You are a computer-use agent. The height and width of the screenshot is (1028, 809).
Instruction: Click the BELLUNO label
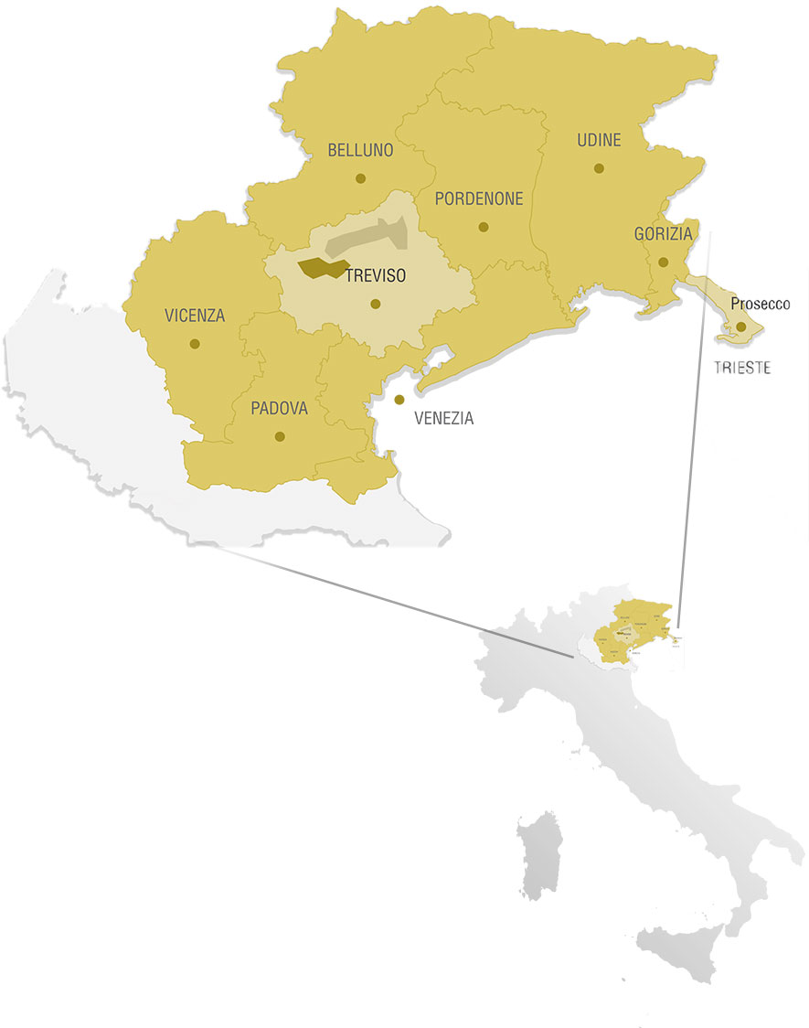(x=360, y=150)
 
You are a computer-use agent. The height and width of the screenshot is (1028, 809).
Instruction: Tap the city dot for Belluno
(x=361, y=178)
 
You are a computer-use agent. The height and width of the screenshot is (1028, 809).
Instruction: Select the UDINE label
(x=599, y=140)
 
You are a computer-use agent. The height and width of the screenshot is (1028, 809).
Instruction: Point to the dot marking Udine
(x=599, y=167)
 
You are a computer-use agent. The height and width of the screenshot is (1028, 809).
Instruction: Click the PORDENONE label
(x=479, y=198)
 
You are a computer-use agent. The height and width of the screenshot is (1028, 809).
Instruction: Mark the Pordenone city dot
(x=484, y=227)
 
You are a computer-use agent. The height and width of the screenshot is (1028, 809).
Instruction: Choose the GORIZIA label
(x=664, y=234)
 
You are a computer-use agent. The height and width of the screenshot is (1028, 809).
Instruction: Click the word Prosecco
(x=761, y=304)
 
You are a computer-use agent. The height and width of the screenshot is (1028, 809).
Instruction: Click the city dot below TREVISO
(x=375, y=305)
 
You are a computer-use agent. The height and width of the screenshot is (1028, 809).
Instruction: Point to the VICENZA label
(x=195, y=316)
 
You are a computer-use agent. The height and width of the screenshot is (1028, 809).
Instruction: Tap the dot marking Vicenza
(x=195, y=344)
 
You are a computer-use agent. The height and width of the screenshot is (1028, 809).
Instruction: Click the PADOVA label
(x=280, y=408)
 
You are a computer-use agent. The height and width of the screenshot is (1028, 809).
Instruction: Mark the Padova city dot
(x=280, y=436)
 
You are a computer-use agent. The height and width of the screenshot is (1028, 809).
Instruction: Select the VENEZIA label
(x=444, y=419)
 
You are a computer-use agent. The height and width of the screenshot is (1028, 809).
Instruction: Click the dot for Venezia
(x=399, y=400)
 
